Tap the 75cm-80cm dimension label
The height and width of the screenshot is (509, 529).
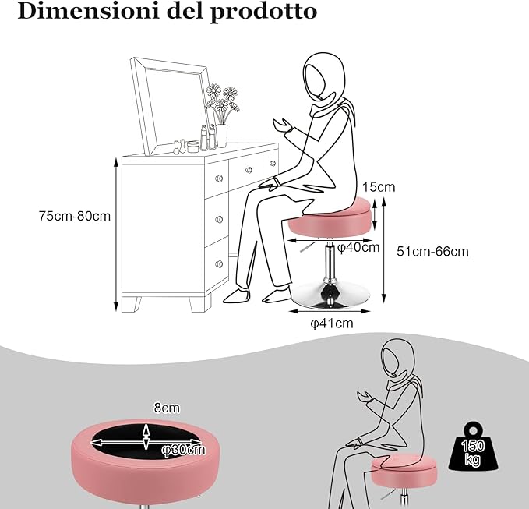[75, 216]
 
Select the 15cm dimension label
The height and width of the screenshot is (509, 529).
[379, 187]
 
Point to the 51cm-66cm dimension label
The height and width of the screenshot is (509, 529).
[432, 251]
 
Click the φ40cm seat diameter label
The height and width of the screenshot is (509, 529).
[358, 248]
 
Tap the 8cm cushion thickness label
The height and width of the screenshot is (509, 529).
[167, 407]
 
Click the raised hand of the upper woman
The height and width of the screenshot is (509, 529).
[279, 125]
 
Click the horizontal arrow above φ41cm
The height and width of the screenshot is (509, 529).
[330, 310]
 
